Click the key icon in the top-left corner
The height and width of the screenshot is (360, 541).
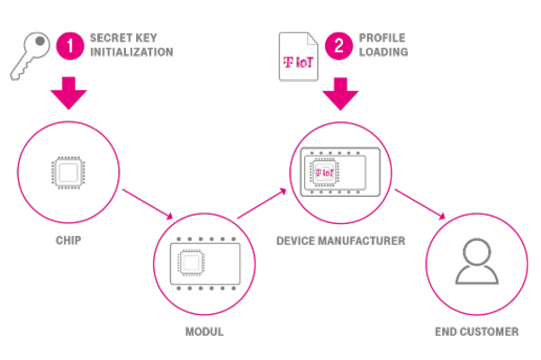[31, 55]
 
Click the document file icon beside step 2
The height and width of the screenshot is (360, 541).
[298, 56]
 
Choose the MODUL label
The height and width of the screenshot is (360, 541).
[203, 331]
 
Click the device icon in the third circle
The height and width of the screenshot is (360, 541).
[339, 171]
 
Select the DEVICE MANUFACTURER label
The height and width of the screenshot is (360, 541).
[340, 241]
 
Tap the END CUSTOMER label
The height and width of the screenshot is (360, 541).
[476, 331]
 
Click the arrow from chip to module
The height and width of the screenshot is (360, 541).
[147, 202]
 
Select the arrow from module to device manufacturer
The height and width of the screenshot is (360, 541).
[264, 203]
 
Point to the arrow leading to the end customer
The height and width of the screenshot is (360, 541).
[420, 203]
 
